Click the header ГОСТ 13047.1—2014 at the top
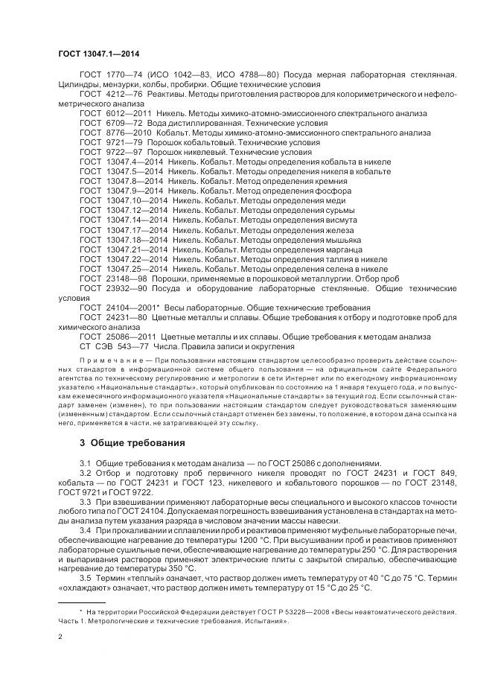(98, 54)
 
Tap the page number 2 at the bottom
(60, 637)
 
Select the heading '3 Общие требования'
(132, 443)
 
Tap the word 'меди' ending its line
(335, 201)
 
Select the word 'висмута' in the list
(341, 220)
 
